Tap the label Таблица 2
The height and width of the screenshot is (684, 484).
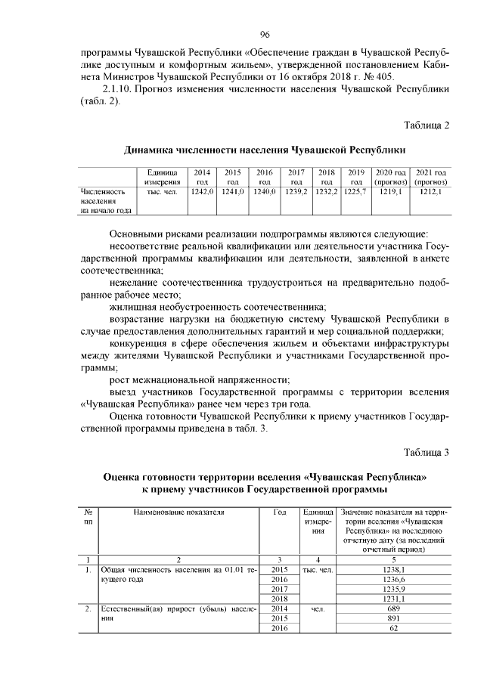(x=427, y=125)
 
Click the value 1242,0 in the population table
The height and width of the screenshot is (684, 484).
(x=202, y=193)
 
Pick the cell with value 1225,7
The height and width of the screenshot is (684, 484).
(x=355, y=193)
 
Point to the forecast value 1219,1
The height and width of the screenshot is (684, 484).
(x=391, y=193)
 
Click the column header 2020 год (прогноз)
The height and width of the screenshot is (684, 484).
(x=391, y=177)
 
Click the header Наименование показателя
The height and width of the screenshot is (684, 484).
(x=178, y=512)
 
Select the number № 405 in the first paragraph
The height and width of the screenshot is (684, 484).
(x=391, y=77)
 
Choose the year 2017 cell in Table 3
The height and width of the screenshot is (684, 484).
(x=280, y=588)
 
